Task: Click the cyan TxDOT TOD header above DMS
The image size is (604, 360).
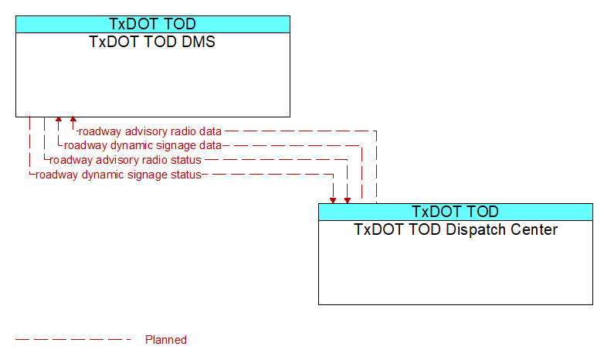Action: pyautogui.click(x=152, y=24)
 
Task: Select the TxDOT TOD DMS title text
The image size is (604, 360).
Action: pyautogui.click(x=152, y=42)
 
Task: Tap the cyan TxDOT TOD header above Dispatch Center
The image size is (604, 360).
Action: pyautogui.click(x=455, y=212)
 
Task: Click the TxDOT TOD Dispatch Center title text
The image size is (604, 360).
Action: pyautogui.click(x=456, y=229)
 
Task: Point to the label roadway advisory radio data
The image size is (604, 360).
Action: pyautogui.click(x=150, y=131)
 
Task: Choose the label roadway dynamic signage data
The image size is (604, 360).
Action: pyautogui.click(x=143, y=146)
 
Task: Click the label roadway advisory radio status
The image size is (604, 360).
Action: pyautogui.click(x=125, y=160)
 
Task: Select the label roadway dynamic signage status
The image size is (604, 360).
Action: pyautogui.click(x=118, y=175)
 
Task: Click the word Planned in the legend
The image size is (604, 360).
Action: pyautogui.click(x=166, y=340)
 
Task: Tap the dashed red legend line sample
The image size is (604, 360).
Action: pyautogui.click(x=73, y=340)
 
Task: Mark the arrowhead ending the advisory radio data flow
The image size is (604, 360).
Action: pyautogui.click(x=73, y=119)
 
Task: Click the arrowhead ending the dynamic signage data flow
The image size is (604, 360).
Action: pyautogui.click(x=59, y=119)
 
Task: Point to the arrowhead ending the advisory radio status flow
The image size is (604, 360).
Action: pyautogui.click(x=348, y=201)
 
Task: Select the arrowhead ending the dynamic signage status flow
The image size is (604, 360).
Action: pyautogui.click(x=333, y=201)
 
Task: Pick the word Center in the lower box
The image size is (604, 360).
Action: pyautogui.click(x=534, y=229)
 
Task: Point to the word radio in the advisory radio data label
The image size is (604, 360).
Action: pyautogui.click(x=182, y=131)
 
